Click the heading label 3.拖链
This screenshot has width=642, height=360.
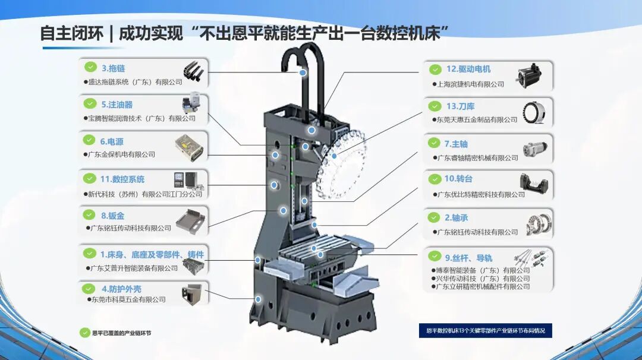pyautogui.click(x=113, y=68)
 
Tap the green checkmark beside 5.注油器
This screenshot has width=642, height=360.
pyautogui.click(x=90, y=103)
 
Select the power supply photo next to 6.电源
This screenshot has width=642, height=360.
pyautogui.click(x=188, y=145)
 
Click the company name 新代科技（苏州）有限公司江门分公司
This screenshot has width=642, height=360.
pyautogui.click(x=145, y=194)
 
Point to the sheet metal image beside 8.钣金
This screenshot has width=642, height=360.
pyautogui.click(x=193, y=219)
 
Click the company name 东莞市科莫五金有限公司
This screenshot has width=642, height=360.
pyautogui.click(x=128, y=299)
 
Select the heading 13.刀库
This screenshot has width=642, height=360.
pyautogui.click(x=460, y=106)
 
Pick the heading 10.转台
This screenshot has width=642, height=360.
pyautogui.click(x=458, y=179)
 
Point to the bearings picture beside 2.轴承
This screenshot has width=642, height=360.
pyautogui.click(x=539, y=225)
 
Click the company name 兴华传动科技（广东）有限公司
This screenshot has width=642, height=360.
pyautogui.click(x=483, y=279)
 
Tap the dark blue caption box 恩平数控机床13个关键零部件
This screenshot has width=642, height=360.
pyautogui.click(x=485, y=330)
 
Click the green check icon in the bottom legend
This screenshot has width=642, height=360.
pyautogui.click(x=84, y=333)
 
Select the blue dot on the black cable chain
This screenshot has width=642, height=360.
pyautogui.click(x=303, y=72)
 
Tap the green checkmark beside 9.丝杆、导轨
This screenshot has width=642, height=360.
pyautogui.click(x=435, y=256)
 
